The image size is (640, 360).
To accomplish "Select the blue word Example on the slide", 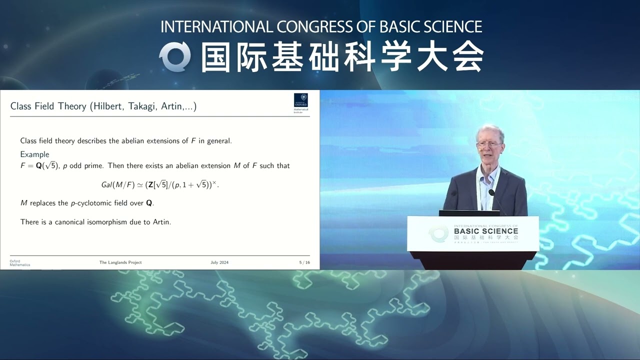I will click(x=34, y=154).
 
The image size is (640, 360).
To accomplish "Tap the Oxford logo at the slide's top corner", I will click(x=301, y=102).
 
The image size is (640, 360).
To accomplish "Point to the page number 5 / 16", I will click(x=304, y=262).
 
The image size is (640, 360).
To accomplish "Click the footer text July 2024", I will click(x=219, y=262).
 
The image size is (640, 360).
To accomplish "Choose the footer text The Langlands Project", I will click(x=120, y=262).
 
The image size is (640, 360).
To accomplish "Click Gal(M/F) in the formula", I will click(x=118, y=184).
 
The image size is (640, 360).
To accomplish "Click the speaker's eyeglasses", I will click(x=489, y=144).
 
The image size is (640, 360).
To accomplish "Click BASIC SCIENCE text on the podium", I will click(x=486, y=231).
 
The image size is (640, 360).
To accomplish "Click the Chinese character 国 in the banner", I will click(x=218, y=57).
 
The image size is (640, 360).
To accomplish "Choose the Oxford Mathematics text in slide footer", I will click(x=20, y=263).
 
